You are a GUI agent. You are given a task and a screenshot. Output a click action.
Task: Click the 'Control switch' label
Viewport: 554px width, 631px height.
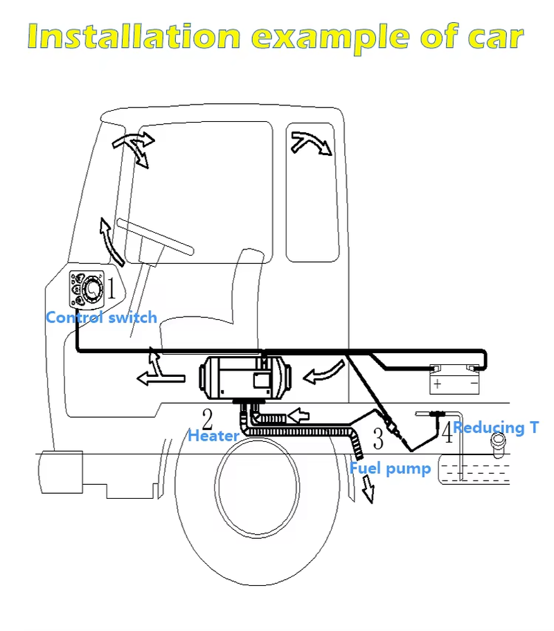click(x=101, y=318)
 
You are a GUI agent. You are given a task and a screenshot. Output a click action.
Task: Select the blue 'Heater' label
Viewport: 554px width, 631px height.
click(x=213, y=436)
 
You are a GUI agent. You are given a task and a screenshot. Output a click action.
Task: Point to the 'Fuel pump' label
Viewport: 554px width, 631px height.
click(x=390, y=468)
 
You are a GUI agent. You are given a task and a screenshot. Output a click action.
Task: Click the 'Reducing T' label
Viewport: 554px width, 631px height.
click(x=496, y=427)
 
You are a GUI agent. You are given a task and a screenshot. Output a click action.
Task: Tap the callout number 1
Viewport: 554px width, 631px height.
click(x=111, y=288)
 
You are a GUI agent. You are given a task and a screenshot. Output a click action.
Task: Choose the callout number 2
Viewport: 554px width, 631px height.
click(x=206, y=418)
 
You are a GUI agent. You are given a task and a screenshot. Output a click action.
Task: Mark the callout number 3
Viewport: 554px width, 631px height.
click(x=377, y=438)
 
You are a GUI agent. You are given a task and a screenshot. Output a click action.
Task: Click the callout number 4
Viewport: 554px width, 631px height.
click(x=447, y=434)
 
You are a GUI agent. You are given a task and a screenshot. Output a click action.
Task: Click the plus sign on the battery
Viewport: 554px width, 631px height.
click(x=437, y=383)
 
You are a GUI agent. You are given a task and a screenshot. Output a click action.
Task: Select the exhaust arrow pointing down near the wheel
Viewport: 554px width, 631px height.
click(x=367, y=490)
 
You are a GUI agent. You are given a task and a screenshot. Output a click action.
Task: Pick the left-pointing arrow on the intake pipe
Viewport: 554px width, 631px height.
click(x=296, y=416)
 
